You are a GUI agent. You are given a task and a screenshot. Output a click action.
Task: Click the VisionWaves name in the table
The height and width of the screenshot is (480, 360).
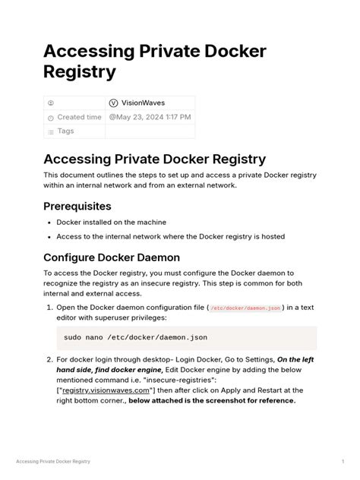(144, 103)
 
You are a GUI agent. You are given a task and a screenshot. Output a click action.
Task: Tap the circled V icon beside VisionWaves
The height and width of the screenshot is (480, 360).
(114, 103)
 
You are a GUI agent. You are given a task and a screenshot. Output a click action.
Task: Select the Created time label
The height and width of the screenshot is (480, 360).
(79, 117)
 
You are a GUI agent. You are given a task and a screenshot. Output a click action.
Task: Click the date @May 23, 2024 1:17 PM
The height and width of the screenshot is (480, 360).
(150, 117)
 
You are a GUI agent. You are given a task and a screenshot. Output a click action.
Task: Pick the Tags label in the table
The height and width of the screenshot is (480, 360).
(66, 131)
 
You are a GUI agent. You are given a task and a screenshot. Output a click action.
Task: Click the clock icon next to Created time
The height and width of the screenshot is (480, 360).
(51, 118)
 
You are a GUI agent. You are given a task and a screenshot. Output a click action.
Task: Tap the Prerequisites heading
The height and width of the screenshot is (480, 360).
(77, 206)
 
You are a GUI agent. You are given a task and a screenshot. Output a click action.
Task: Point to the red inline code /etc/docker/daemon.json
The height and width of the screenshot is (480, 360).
(245, 308)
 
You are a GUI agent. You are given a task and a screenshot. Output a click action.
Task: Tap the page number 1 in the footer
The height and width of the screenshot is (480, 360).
(343, 461)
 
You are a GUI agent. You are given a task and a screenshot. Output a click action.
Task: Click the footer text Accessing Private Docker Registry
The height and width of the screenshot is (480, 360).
(53, 461)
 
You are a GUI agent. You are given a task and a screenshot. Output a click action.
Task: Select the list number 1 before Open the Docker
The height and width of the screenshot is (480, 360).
(49, 308)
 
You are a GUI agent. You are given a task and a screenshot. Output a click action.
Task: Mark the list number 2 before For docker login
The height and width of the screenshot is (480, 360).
(49, 360)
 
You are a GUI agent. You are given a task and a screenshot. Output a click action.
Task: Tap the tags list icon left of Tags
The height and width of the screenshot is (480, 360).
(51, 132)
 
